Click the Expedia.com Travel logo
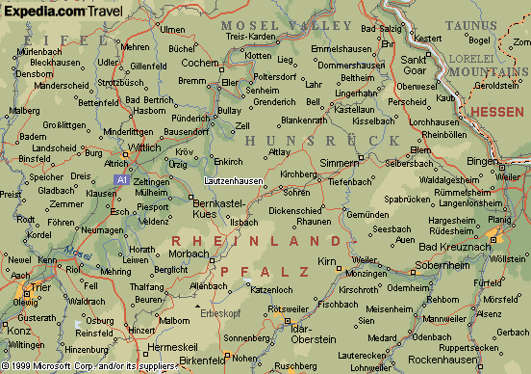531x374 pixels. (62, 11)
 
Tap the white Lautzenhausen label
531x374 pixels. (234, 180)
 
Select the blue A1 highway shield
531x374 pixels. (121, 179)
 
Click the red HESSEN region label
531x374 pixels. (497, 112)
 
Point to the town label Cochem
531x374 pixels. (200, 63)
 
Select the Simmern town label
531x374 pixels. (338, 164)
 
